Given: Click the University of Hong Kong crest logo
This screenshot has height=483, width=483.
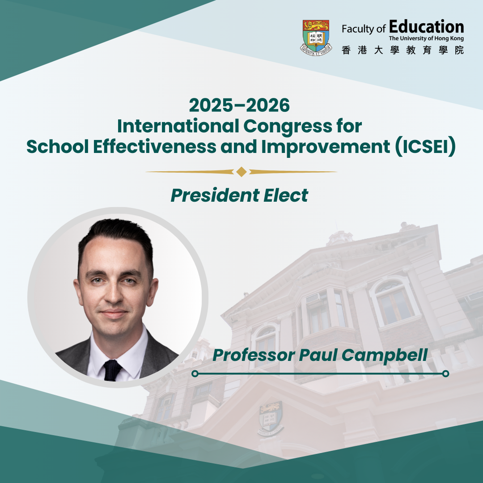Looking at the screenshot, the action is coord(316,38).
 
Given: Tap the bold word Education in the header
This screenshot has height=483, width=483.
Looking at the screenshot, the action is coord(426,27).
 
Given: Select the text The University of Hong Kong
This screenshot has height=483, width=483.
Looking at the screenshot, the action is coord(426,38).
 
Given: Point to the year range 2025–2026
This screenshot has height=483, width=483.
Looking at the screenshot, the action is coord(239,106).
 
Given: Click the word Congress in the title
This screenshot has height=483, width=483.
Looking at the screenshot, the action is coord(288,126).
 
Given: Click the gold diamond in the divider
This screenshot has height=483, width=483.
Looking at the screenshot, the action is coord(241,172).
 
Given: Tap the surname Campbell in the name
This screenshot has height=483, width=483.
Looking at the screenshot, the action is coord(385,355).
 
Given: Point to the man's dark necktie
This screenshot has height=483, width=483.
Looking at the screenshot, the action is coord(112,370).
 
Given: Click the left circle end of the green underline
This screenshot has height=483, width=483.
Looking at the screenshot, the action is coord(195,373).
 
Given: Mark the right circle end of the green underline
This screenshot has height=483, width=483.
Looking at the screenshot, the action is coord(445,373).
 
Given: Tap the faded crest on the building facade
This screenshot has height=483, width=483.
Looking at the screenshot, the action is coord(271,418).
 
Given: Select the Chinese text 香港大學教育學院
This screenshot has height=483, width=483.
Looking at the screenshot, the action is coord(402,50).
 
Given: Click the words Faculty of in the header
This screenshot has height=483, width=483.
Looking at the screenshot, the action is coord(364,29).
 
